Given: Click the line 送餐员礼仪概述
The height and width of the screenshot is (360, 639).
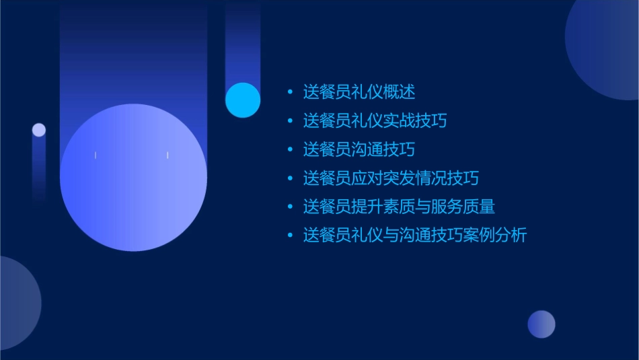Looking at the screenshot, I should (x=359, y=92).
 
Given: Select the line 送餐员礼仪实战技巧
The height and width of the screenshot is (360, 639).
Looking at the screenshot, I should (x=375, y=121).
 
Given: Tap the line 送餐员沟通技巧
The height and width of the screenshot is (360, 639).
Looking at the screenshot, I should (x=359, y=149).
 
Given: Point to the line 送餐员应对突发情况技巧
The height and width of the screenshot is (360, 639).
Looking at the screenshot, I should (x=391, y=178).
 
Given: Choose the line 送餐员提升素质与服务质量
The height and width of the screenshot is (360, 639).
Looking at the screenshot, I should (x=399, y=207).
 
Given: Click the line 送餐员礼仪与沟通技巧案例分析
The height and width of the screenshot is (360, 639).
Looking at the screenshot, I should (x=414, y=236).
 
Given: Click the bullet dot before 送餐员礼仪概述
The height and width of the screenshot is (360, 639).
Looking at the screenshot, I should (x=290, y=92).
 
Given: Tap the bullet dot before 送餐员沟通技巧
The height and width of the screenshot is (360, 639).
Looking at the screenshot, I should (x=290, y=149).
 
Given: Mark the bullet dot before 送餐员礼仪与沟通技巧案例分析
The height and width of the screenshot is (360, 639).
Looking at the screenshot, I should (x=290, y=236).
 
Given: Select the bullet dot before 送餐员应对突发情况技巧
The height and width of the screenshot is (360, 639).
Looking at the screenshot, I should (x=290, y=178).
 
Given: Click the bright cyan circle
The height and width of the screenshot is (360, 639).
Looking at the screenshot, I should (x=243, y=100).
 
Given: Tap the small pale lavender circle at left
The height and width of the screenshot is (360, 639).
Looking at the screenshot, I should (x=39, y=130).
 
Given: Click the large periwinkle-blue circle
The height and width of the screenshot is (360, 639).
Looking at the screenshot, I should (x=133, y=178).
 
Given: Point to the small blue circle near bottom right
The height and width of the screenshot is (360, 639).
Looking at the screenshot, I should (x=541, y=324).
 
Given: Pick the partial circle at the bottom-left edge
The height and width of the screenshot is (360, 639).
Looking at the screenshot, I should (x=17, y=303).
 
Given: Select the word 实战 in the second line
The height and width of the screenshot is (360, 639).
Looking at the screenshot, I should (x=399, y=121).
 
